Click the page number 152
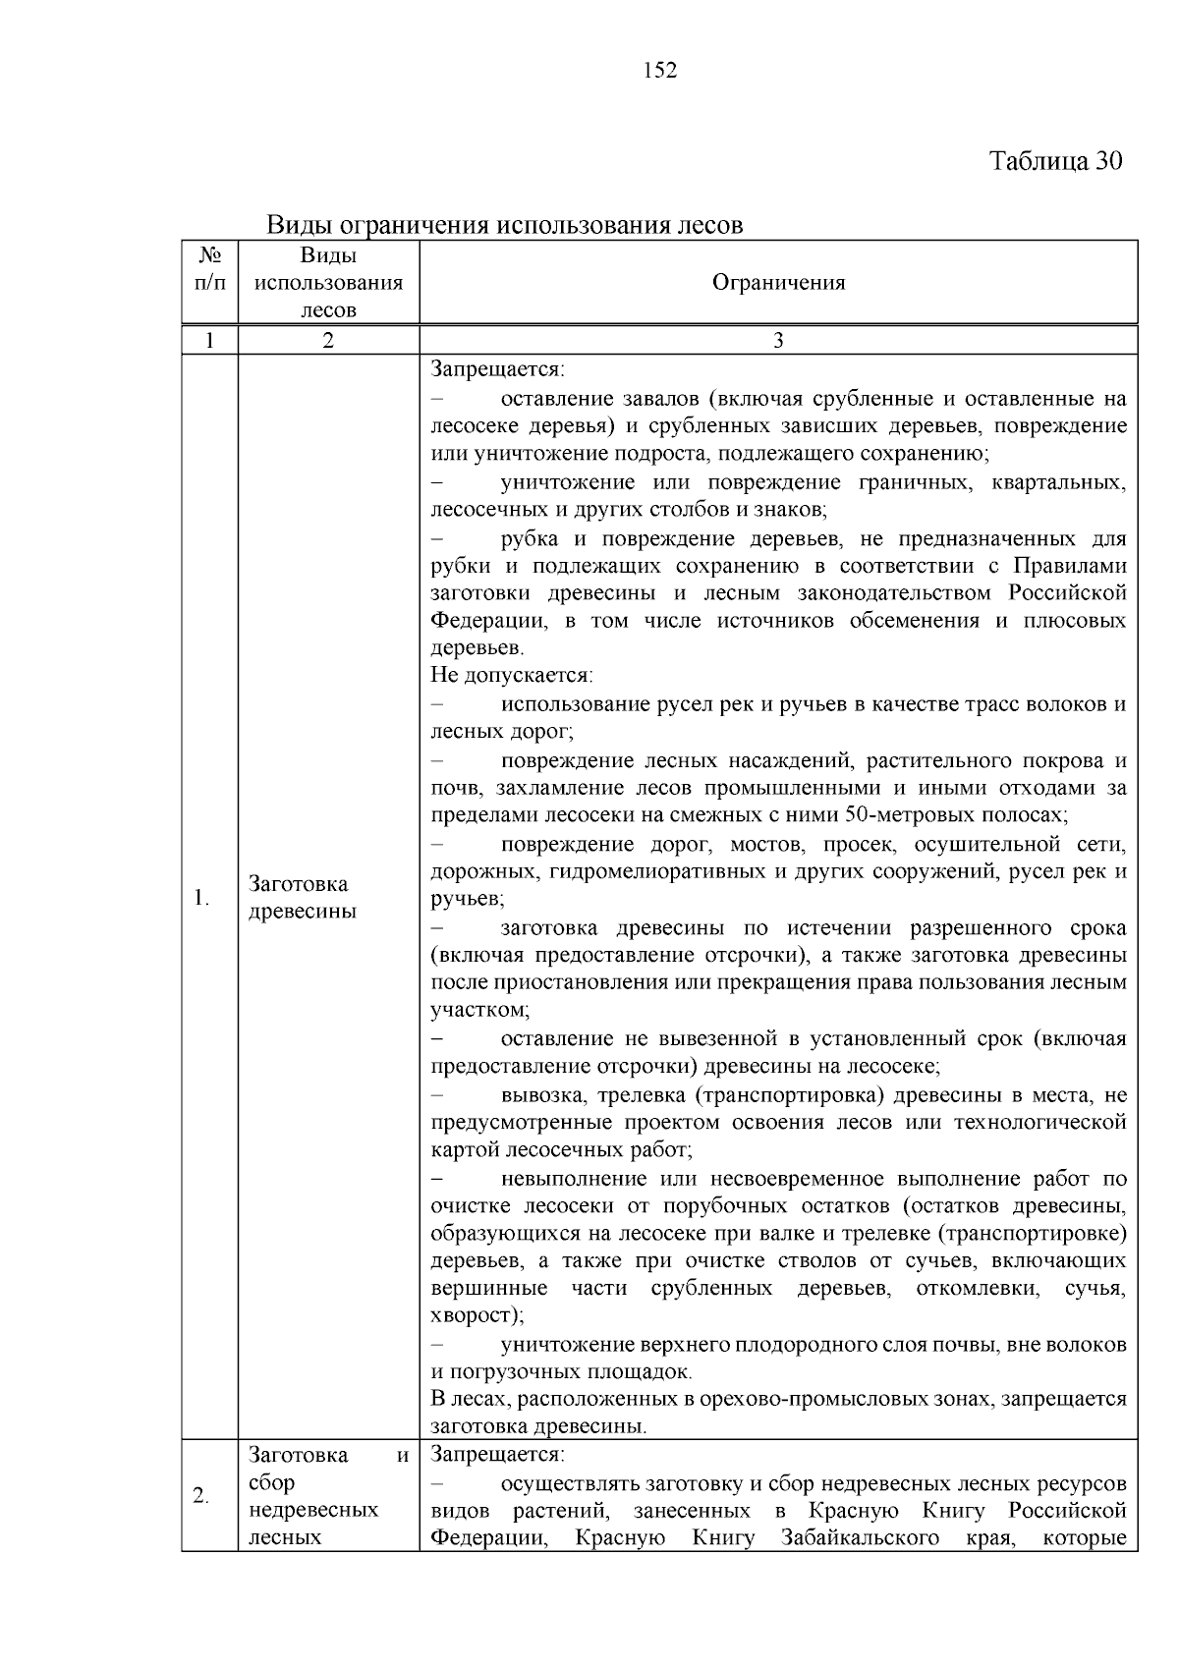point(659,71)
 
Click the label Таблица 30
point(1054,161)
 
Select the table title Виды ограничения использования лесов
point(505,225)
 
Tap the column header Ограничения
point(778,283)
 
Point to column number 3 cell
point(778,341)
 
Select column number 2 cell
point(328,341)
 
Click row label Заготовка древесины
point(303,897)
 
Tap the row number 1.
point(200,897)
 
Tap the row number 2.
point(200,1496)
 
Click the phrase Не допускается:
point(512,676)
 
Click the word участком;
point(479,1010)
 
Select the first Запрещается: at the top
point(497,369)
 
